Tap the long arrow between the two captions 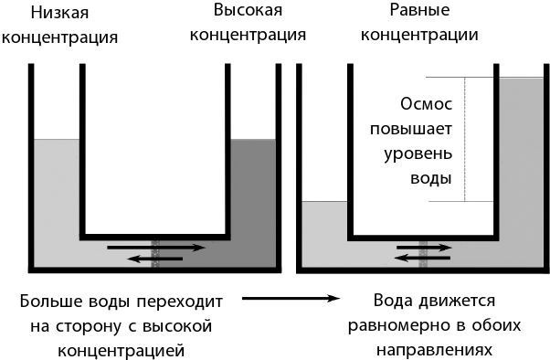pos(284,297)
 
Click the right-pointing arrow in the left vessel pos(154,247)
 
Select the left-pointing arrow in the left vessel pos(154,259)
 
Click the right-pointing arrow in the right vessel pos(424,247)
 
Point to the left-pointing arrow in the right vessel pos(424,259)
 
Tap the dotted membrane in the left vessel pos(154,252)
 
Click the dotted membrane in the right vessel pos(424,252)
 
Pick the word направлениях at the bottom pos(434,349)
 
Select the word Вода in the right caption pos(394,300)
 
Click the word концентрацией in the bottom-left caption pos(127,349)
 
